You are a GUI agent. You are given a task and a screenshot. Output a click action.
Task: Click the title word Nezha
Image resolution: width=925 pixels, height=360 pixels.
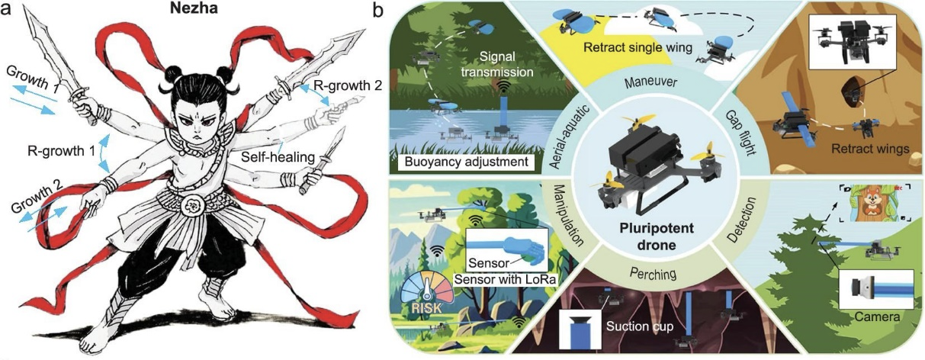[x=194, y=8]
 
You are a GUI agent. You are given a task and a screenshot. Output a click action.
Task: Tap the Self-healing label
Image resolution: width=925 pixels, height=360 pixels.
[x=278, y=157]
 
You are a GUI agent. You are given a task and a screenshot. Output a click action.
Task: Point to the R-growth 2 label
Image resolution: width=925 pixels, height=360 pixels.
[x=348, y=85]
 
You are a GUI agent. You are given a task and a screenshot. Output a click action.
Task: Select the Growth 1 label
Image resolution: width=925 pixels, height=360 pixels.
[x=34, y=78]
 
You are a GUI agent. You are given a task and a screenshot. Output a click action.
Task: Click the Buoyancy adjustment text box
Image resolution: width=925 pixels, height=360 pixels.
[x=466, y=162]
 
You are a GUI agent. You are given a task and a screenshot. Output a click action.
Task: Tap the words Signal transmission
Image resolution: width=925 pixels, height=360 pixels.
[x=497, y=64]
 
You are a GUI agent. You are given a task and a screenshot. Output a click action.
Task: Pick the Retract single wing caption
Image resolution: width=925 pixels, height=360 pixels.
[x=638, y=47]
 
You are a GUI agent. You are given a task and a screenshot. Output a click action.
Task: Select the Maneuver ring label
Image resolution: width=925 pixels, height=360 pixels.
[x=650, y=82]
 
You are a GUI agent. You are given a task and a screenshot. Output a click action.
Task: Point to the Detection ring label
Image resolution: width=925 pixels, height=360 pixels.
[x=743, y=220]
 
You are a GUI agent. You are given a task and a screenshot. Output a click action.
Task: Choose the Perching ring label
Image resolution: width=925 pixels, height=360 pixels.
[x=653, y=273]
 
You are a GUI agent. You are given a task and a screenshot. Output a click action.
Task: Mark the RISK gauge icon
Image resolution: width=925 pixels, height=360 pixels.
[x=426, y=297]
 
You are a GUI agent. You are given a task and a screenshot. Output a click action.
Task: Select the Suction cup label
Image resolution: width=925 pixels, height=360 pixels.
[x=640, y=326]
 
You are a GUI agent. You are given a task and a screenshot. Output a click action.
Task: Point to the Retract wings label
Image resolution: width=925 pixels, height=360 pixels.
[x=871, y=149]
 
